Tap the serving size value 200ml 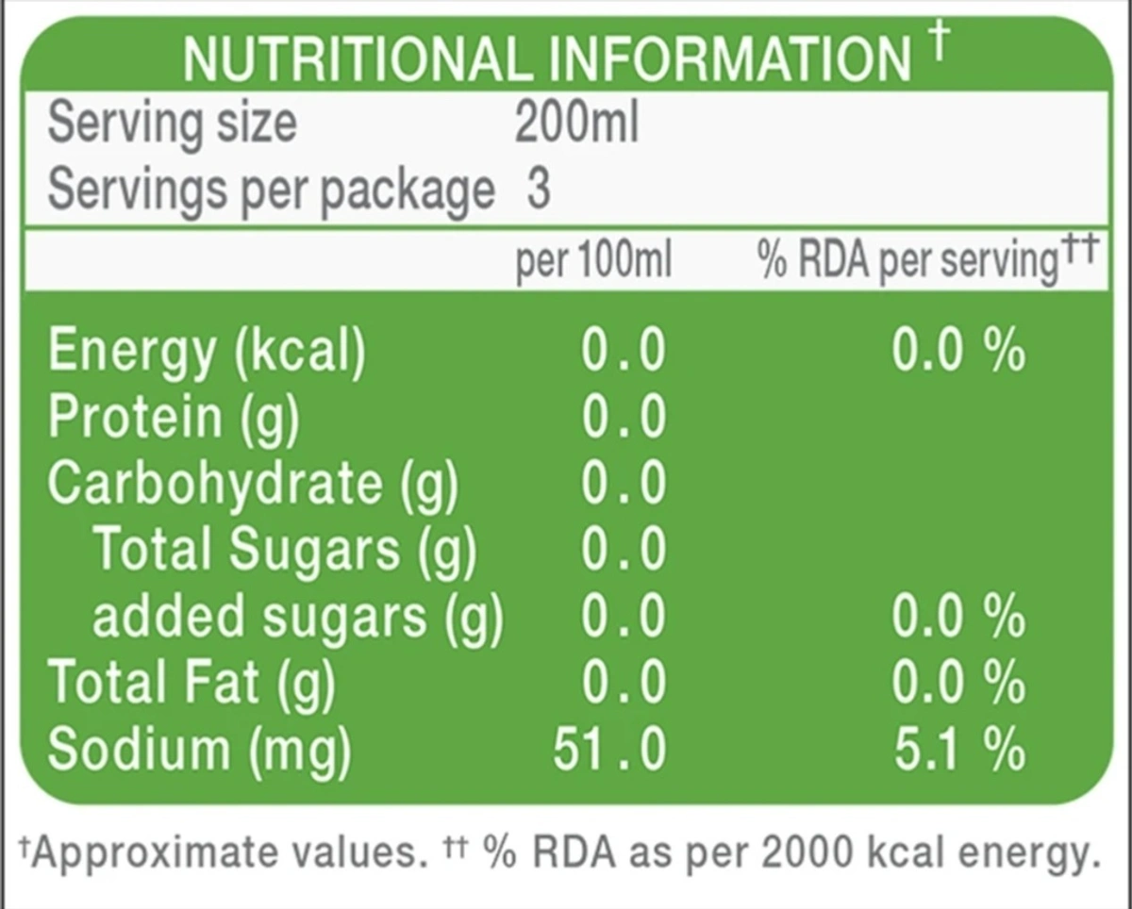[x=576, y=123]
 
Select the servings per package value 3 [x=538, y=189]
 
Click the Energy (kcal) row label [x=206, y=351]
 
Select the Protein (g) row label [x=173, y=418]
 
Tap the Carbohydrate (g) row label [x=253, y=484]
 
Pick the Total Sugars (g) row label [x=284, y=550]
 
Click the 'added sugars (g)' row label [x=297, y=617]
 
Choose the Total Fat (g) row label [x=191, y=683]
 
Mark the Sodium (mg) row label [x=199, y=751]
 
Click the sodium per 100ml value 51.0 [x=609, y=751]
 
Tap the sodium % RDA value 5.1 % [x=957, y=751]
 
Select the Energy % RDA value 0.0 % [x=957, y=351]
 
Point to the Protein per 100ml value [x=624, y=418]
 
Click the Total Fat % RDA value [x=957, y=683]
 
